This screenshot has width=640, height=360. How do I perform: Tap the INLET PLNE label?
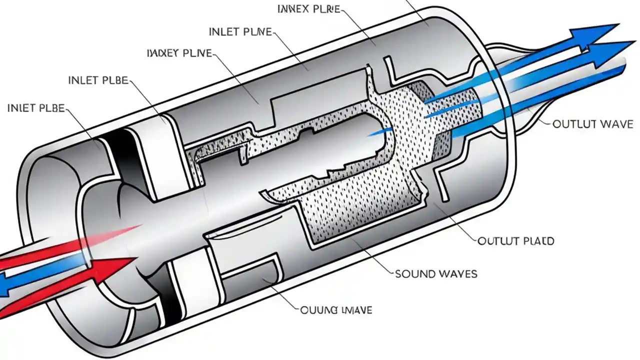coord(240,32)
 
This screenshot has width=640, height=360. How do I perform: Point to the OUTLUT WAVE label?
coord(592,124)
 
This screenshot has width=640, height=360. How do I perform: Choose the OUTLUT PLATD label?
coord(516,241)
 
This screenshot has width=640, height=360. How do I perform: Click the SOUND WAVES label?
coord(435,273)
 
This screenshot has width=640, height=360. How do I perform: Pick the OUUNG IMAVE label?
coord(336,310)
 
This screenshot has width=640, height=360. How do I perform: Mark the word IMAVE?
coord(355,310)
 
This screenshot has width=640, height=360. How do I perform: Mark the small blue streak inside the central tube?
coord(381,132)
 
